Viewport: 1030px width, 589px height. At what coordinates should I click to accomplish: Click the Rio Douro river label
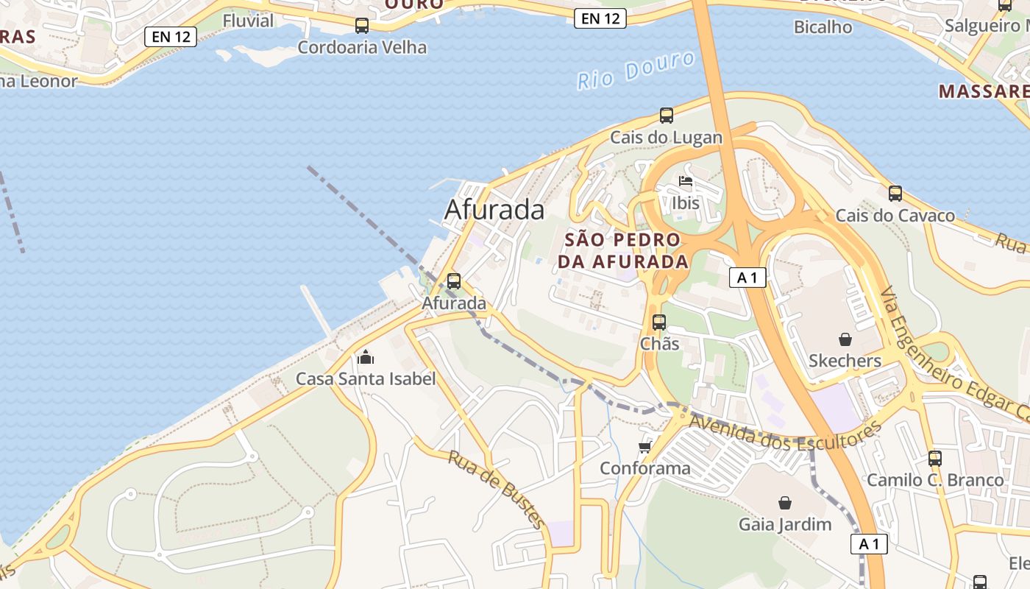[636, 71]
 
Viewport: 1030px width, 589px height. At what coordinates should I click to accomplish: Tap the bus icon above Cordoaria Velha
[362, 26]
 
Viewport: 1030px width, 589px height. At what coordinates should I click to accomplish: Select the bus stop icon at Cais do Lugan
[667, 116]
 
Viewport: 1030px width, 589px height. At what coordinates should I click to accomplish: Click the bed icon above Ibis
[686, 182]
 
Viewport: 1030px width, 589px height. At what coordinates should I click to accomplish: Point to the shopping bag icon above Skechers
[845, 339]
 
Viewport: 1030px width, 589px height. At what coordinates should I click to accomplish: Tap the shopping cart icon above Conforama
[645, 447]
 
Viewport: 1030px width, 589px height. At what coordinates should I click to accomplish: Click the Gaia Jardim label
[785, 524]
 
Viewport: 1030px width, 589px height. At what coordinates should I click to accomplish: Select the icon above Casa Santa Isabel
[366, 358]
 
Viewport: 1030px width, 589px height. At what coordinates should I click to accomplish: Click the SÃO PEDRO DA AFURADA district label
[622, 250]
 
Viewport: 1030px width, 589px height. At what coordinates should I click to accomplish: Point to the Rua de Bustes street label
[497, 489]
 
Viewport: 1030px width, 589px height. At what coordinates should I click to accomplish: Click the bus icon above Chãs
[659, 322]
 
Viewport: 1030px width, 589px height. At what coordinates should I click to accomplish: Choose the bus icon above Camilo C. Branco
[935, 459]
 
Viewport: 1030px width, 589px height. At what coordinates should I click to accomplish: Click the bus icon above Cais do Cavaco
[895, 194]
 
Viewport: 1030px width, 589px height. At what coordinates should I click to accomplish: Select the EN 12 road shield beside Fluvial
[171, 37]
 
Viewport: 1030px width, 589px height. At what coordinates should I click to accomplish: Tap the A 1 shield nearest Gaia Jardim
[869, 544]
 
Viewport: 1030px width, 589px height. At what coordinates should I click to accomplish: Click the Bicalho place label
[823, 27]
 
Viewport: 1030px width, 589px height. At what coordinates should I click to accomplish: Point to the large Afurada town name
[494, 210]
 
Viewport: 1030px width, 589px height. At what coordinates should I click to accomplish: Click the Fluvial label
[248, 21]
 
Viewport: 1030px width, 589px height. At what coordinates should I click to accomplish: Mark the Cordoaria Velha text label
[362, 47]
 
